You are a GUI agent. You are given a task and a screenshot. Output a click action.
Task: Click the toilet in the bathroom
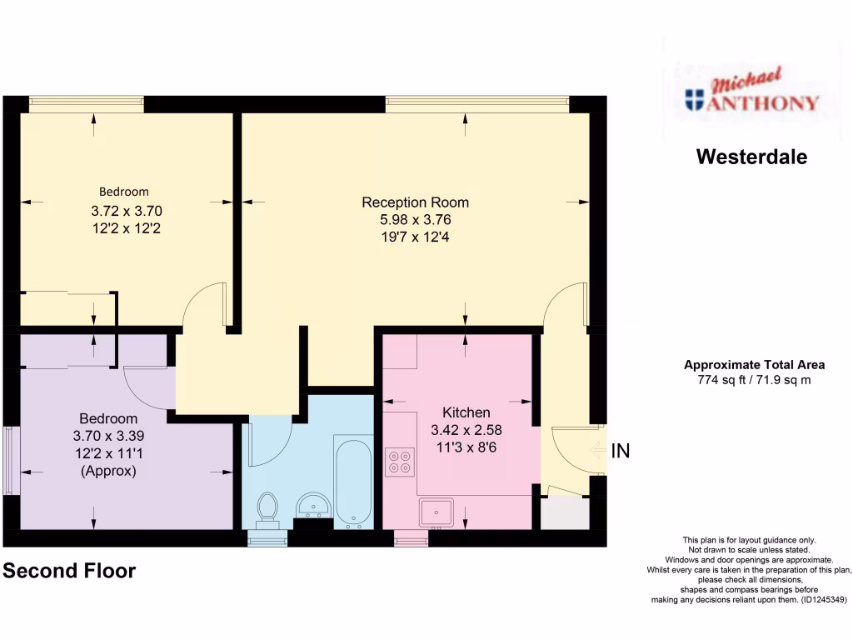tap(267, 507)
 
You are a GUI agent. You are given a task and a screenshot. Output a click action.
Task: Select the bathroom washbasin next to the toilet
tap(314, 504)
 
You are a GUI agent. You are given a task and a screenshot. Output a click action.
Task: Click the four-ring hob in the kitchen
tap(400, 462)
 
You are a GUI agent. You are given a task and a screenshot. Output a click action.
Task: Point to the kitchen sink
tap(436, 511)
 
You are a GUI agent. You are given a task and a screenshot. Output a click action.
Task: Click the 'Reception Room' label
tap(415, 202)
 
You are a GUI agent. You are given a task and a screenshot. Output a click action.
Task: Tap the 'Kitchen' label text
tap(466, 412)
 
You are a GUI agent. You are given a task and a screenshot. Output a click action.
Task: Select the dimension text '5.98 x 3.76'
tap(415, 219)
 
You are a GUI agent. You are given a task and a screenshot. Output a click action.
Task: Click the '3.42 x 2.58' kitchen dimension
tap(466, 430)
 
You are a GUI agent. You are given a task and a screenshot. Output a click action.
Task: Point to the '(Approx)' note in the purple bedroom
tap(108, 471)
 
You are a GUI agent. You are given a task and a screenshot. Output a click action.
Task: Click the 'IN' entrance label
tap(621, 452)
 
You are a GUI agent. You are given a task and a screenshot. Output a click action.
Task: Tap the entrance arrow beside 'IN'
tap(596, 452)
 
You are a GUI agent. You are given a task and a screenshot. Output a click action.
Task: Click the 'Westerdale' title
tap(751, 157)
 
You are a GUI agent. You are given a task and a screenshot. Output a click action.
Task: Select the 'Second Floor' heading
tap(69, 571)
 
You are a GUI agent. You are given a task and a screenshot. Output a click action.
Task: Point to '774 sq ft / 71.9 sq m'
tap(753, 380)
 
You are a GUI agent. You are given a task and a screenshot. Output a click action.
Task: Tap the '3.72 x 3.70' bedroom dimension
tap(126, 211)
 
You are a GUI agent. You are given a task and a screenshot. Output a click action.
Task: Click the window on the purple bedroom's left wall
tap(10, 461)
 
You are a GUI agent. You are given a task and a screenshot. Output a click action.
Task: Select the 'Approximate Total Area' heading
tap(754, 365)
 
